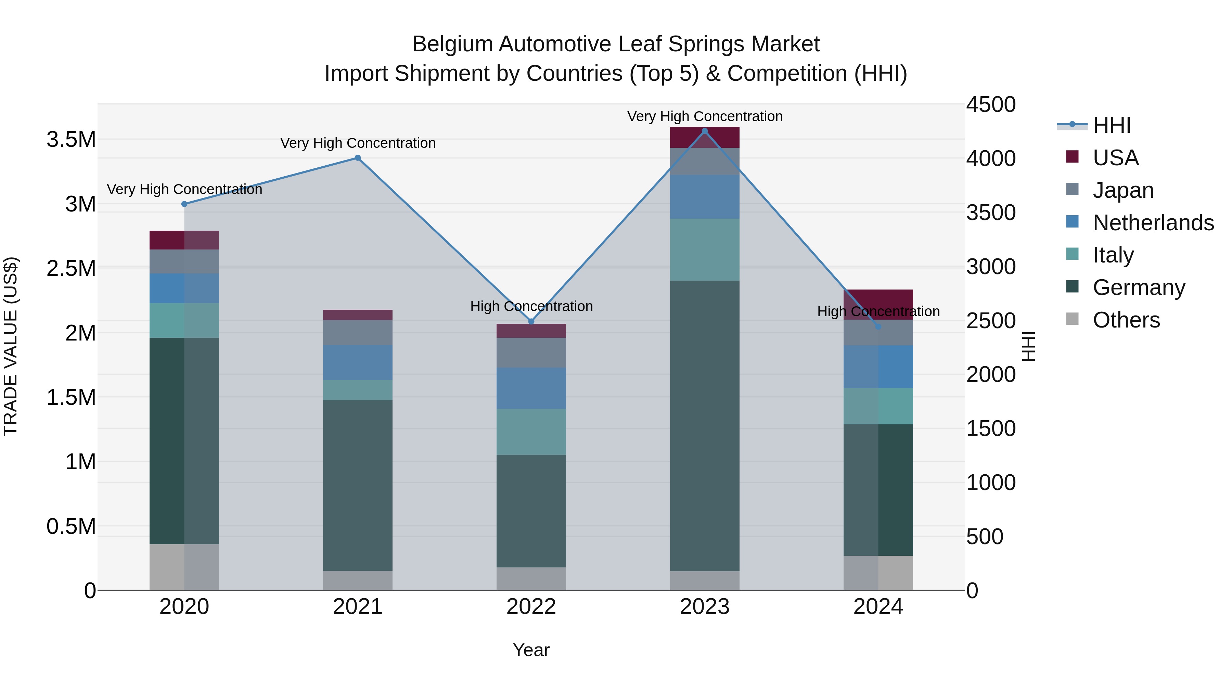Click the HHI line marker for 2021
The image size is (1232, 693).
tap(357, 158)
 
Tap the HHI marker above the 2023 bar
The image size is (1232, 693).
tap(705, 131)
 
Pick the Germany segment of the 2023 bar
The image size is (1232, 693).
tap(705, 426)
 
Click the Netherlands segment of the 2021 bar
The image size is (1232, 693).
tap(357, 362)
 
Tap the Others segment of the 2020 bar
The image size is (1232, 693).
tap(184, 567)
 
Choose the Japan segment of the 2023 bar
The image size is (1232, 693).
tap(705, 161)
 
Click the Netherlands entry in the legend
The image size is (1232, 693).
tap(1153, 223)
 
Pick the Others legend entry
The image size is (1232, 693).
tap(1126, 320)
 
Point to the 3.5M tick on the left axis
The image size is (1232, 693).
tap(71, 140)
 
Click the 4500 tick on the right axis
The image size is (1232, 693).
tap(990, 104)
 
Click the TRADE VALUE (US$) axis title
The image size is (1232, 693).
tap(11, 346)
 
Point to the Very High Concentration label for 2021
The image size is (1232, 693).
tap(358, 143)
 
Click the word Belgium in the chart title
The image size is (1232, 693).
tap(452, 44)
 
